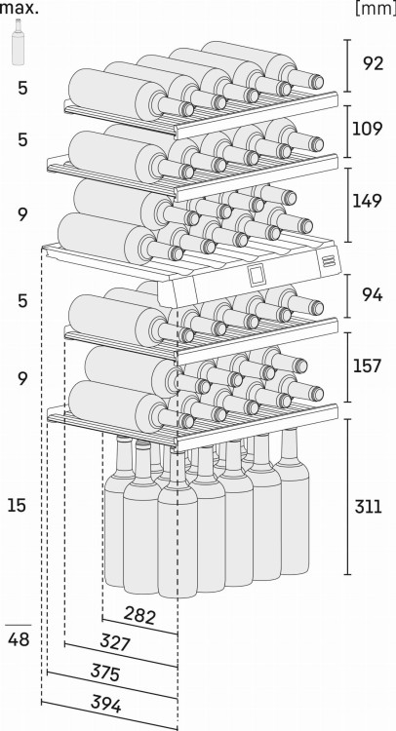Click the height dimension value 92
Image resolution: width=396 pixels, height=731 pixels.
point(373,63)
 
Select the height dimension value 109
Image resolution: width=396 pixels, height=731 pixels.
point(367,129)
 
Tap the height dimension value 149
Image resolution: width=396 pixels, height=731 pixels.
point(367,201)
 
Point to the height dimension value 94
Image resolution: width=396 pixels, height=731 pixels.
point(373,294)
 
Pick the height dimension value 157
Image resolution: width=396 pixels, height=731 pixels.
point(367,365)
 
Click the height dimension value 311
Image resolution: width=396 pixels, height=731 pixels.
point(369,506)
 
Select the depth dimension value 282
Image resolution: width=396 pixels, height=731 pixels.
point(139,616)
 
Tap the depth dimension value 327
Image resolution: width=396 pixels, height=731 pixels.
point(115,643)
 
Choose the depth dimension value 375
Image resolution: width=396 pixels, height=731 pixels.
point(105,673)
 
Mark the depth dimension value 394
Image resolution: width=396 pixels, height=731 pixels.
point(106,705)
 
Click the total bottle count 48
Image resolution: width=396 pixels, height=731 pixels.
point(19,639)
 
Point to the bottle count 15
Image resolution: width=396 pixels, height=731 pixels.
point(18,505)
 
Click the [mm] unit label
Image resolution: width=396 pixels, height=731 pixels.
point(376,9)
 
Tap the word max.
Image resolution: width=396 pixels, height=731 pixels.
point(20,8)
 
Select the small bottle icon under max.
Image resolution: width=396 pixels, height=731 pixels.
point(19,42)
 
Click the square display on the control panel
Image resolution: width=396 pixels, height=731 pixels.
point(257,275)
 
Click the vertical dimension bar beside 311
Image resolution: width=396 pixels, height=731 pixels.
point(347,496)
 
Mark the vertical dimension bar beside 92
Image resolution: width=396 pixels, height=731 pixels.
point(347,65)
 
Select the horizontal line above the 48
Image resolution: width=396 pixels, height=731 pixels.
point(19,625)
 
